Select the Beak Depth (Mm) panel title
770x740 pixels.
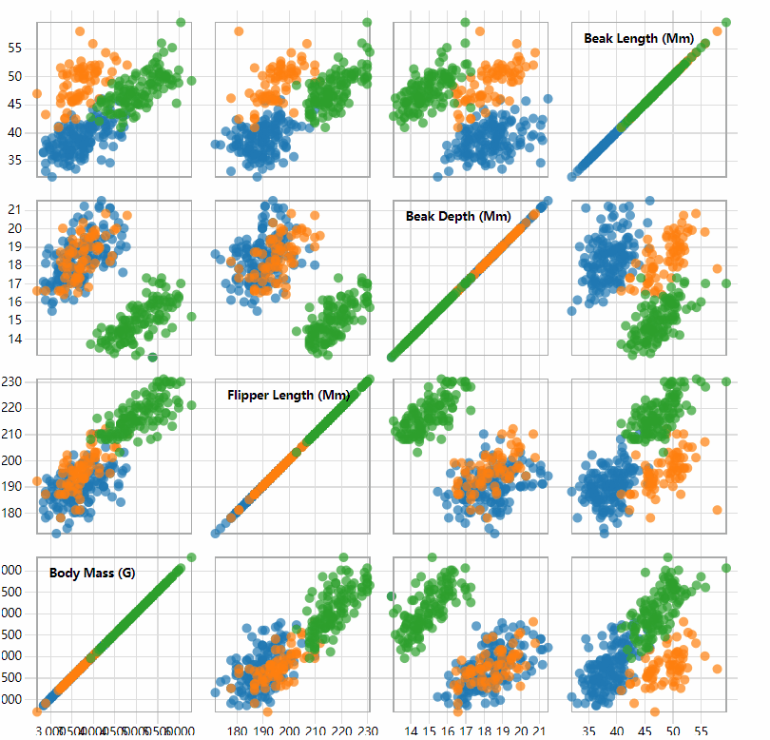click(458, 216)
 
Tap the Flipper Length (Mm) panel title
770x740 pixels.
click(288, 395)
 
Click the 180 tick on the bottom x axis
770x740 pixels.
click(238, 731)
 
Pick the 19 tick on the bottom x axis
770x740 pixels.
click(503, 731)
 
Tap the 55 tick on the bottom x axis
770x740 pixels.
click(701, 731)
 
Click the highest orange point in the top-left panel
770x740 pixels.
click(80, 31)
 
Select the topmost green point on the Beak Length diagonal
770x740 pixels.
click(726, 22)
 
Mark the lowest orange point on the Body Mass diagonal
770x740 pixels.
click(37, 711)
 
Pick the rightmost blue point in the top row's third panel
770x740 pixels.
click(548, 99)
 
